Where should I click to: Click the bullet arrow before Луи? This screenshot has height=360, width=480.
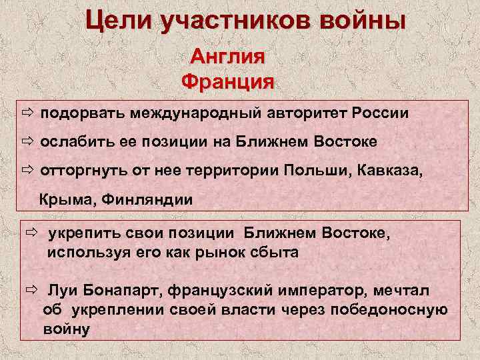pyautogui.click(x=31, y=291)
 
